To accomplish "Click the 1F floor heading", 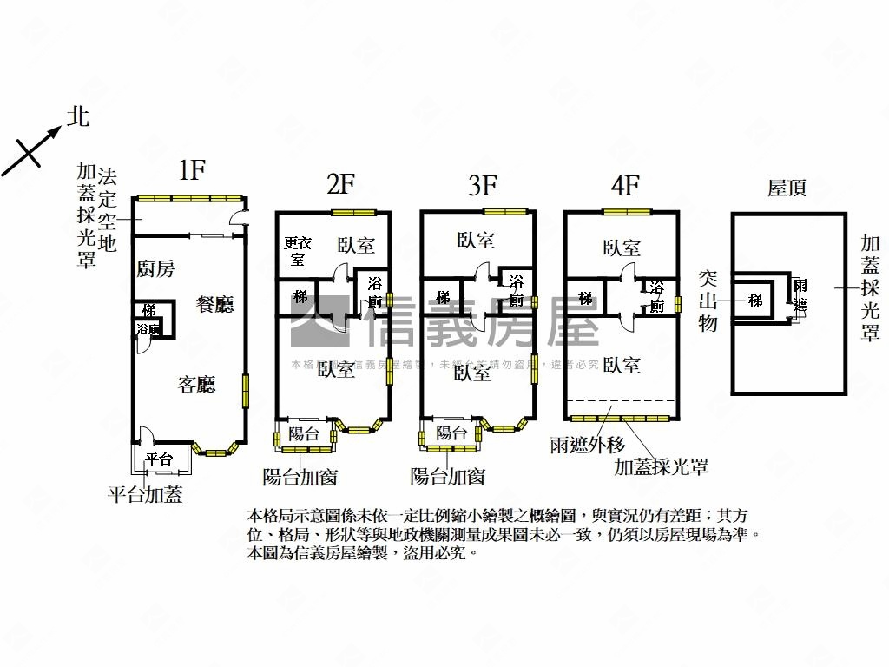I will tap(192, 170).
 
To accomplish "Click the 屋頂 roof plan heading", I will tap(787, 188).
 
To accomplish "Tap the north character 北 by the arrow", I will tap(79, 117).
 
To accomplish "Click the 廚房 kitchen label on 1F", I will tap(155, 269).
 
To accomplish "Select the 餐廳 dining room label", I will tap(215, 304).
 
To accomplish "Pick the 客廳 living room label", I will tap(196, 385).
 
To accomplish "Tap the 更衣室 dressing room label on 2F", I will tap(298, 251).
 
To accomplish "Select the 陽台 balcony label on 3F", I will tap(451, 434).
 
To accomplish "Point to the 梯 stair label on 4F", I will tap(586, 298).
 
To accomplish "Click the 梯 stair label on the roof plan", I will tap(756, 300).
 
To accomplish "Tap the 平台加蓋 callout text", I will tap(146, 495).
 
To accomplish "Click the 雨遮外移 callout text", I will tap(588, 446).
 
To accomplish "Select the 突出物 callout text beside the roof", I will tap(708, 300).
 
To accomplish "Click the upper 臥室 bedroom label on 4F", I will tap(622, 248).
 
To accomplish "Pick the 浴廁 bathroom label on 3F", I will tap(516, 292).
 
